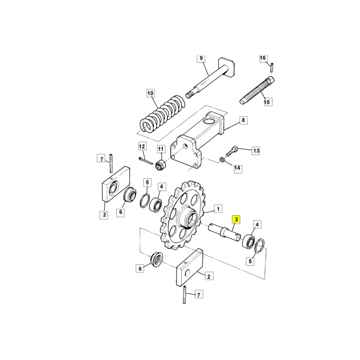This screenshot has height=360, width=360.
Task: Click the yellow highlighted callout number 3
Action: coord(236,220)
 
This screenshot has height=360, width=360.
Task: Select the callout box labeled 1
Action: coord(218,209)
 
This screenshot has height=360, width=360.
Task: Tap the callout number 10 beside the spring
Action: coord(150,93)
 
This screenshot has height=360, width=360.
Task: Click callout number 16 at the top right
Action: coord(263,58)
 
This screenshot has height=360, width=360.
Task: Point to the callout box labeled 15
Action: coord(267,102)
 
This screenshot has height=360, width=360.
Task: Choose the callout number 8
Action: coord(243,120)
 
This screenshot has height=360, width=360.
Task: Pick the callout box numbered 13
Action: coord(256,151)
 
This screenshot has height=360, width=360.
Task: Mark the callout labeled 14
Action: coord(238,168)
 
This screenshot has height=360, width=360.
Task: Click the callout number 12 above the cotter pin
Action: coord(142,146)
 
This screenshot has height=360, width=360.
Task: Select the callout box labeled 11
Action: coord(161,149)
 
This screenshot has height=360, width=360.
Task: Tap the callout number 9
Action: coord(201,58)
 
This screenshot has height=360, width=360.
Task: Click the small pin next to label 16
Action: coord(272,67)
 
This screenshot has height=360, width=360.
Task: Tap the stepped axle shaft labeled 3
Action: coord(224,233)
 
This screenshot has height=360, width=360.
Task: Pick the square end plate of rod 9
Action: coord(227,67)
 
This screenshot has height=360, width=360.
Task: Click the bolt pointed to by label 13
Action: coord(232,151)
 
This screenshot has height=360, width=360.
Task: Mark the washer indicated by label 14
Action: coord(221,159)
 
